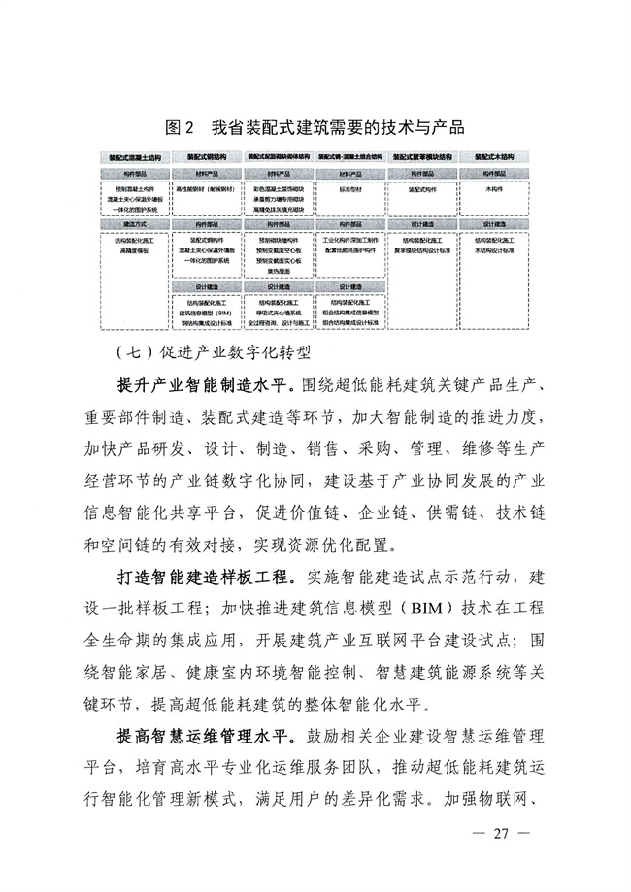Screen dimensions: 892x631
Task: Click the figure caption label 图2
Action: (x=182, y=127)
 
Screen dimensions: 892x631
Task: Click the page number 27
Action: (x=501, y=833)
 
